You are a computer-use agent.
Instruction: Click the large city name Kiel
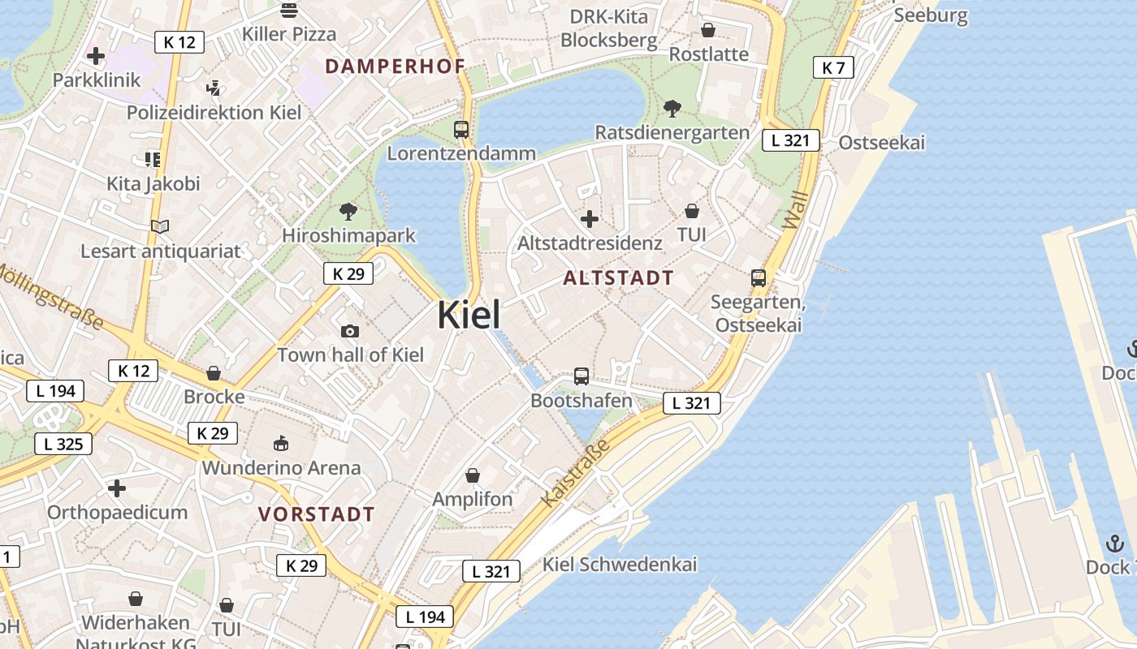click(469, 315)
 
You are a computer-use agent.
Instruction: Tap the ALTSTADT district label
click(618, 278)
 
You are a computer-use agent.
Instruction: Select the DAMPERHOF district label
click(395, 67)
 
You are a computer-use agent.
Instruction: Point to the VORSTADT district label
click(317, 514)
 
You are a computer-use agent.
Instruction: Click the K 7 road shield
click(833, 68)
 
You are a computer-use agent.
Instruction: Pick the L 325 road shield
click(63, 444)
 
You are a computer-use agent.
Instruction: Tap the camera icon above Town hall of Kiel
click(350, 331)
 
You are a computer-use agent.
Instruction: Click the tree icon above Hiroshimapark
click(348, 212)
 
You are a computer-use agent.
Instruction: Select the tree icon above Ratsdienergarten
click(672, 109)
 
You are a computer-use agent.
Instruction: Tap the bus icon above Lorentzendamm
click(461, 129)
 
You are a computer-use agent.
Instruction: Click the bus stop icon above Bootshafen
click(581, 376)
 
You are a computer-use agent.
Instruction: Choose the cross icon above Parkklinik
click(96, 56)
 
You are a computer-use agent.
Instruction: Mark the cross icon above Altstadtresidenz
click(590, 219)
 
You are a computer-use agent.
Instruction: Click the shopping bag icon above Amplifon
click(473, 475)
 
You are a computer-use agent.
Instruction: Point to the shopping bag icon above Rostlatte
click(708, 31)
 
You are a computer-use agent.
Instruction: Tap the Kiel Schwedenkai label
click(620, 565)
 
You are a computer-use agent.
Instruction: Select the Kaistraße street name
click(575, 474)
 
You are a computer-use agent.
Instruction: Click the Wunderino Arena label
click(281, 468)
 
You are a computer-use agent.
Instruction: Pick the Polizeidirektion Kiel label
click(214, 112)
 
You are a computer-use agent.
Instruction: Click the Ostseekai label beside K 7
click(881, 143)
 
